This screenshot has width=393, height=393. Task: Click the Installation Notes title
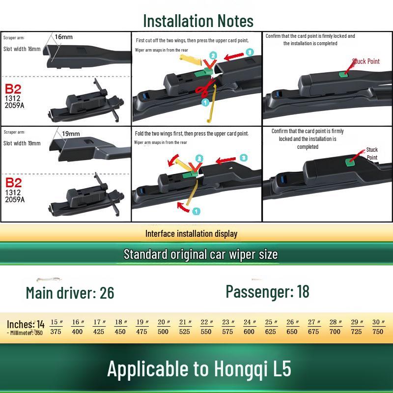[198, 21]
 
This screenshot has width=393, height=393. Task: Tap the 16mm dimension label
[63, 37]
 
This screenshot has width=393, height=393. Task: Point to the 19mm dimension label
[71, 134]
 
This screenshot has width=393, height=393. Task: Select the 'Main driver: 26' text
[70, 293]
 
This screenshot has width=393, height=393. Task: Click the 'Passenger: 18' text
[267, 291]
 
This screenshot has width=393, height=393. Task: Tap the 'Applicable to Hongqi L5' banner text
[199, 369]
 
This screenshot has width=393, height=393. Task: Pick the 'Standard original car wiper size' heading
[200, 254]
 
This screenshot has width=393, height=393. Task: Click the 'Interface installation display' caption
[191, 234]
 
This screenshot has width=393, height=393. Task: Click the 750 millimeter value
[378, 332]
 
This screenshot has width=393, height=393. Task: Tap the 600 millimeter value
[249, 332]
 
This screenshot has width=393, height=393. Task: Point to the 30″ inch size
[378, 322]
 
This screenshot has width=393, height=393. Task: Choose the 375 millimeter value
[56, 332]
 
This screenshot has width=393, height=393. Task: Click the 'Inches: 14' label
[26, 324]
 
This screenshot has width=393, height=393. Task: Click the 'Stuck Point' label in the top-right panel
[366, 61]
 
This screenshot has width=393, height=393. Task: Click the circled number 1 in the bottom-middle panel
[196, 211]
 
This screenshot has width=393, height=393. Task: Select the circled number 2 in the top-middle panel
[213, 56]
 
